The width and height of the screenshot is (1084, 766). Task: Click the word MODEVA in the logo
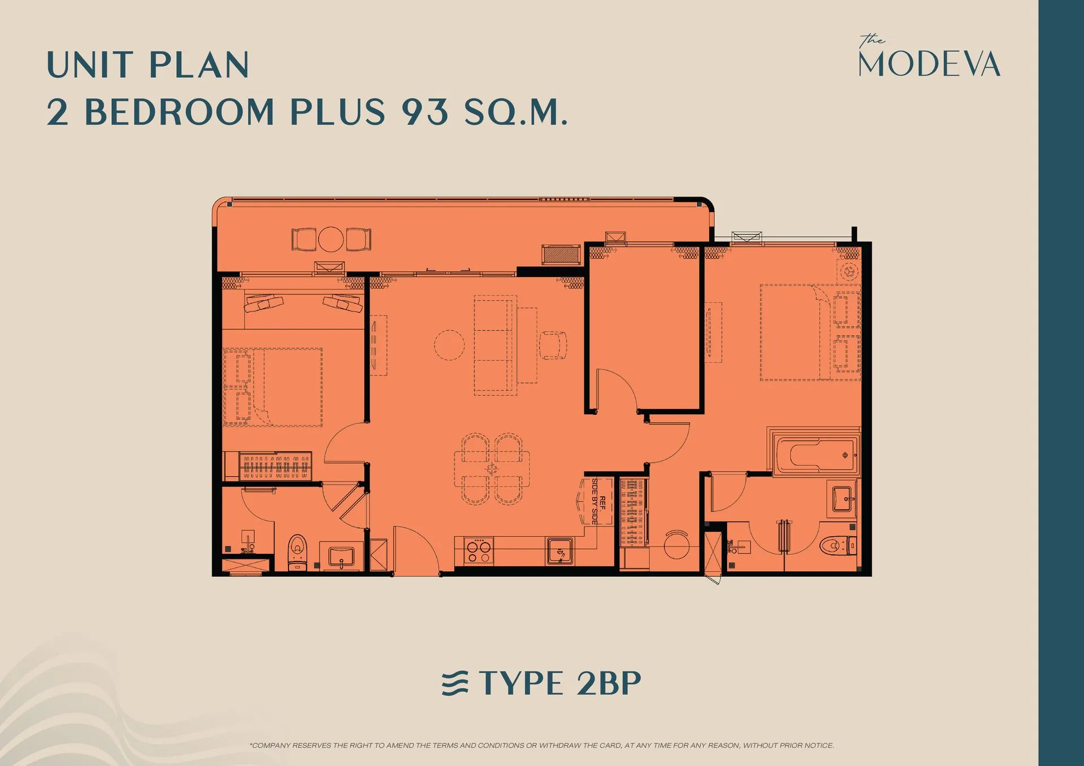[929, 64]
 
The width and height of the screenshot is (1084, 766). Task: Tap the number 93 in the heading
[425, 111]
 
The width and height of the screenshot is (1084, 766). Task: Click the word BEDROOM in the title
[179, 112]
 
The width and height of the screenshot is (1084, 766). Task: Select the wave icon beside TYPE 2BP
[455, 683]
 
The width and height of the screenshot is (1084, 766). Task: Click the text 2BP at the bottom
[609, 683]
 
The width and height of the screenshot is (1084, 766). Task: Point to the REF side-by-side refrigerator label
[598, 501]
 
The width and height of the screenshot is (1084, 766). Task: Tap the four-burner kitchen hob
[479, 550]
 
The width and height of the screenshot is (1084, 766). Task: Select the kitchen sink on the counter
[560, 551]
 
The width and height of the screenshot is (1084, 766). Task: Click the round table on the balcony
[331, 239]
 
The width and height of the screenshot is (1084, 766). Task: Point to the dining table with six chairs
[492, 469]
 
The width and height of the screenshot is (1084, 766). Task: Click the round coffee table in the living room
[449, 345]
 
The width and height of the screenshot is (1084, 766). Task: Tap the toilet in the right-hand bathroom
[837, 545]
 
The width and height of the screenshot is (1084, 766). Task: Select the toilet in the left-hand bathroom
[298, 552]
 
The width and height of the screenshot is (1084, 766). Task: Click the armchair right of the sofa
[553, 345]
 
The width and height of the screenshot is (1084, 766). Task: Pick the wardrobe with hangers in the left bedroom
[276, 466]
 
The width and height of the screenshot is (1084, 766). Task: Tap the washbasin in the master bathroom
[843, 499]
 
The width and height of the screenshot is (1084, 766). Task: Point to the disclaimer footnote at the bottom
[541, 745]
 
